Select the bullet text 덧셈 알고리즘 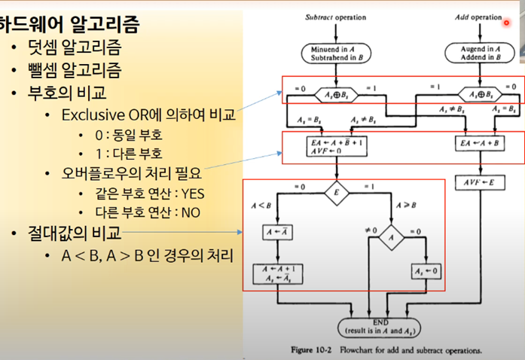coord(79,50)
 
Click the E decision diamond coord(336,193)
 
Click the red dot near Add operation coord(507,23)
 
